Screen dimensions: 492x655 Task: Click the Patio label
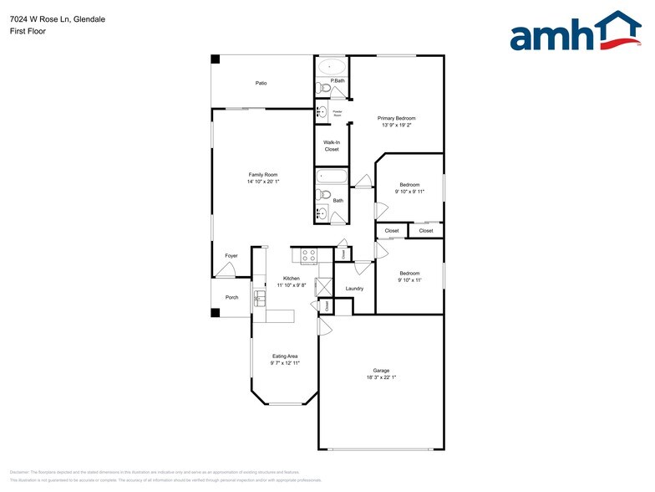(x=261, y=83)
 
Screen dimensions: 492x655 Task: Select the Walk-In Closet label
(x=332, y=146)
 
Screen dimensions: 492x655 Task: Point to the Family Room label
(x=262, y=174)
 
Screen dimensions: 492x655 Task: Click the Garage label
(x=381, y=371)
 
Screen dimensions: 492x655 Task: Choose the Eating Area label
(x=285, y=356)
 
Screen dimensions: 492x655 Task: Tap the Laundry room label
(x=354, y=289)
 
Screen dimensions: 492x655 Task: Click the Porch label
(x=231, y=298)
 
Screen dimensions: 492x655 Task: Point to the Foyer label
(x=231, y=255)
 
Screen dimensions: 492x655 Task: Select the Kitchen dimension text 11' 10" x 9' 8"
(x=292, y=285)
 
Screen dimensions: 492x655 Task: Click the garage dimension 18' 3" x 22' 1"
(x=381, y=378)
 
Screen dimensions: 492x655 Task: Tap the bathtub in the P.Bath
(x=332, y=65)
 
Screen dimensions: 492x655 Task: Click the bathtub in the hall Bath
(x=331, y=177)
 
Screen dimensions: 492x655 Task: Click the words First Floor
(x=28, y=31)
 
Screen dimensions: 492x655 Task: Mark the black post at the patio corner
(x=215, y=59)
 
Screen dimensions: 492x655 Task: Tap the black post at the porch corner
(x=215, y=313)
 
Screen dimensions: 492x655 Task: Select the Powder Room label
(x=338, y=112)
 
